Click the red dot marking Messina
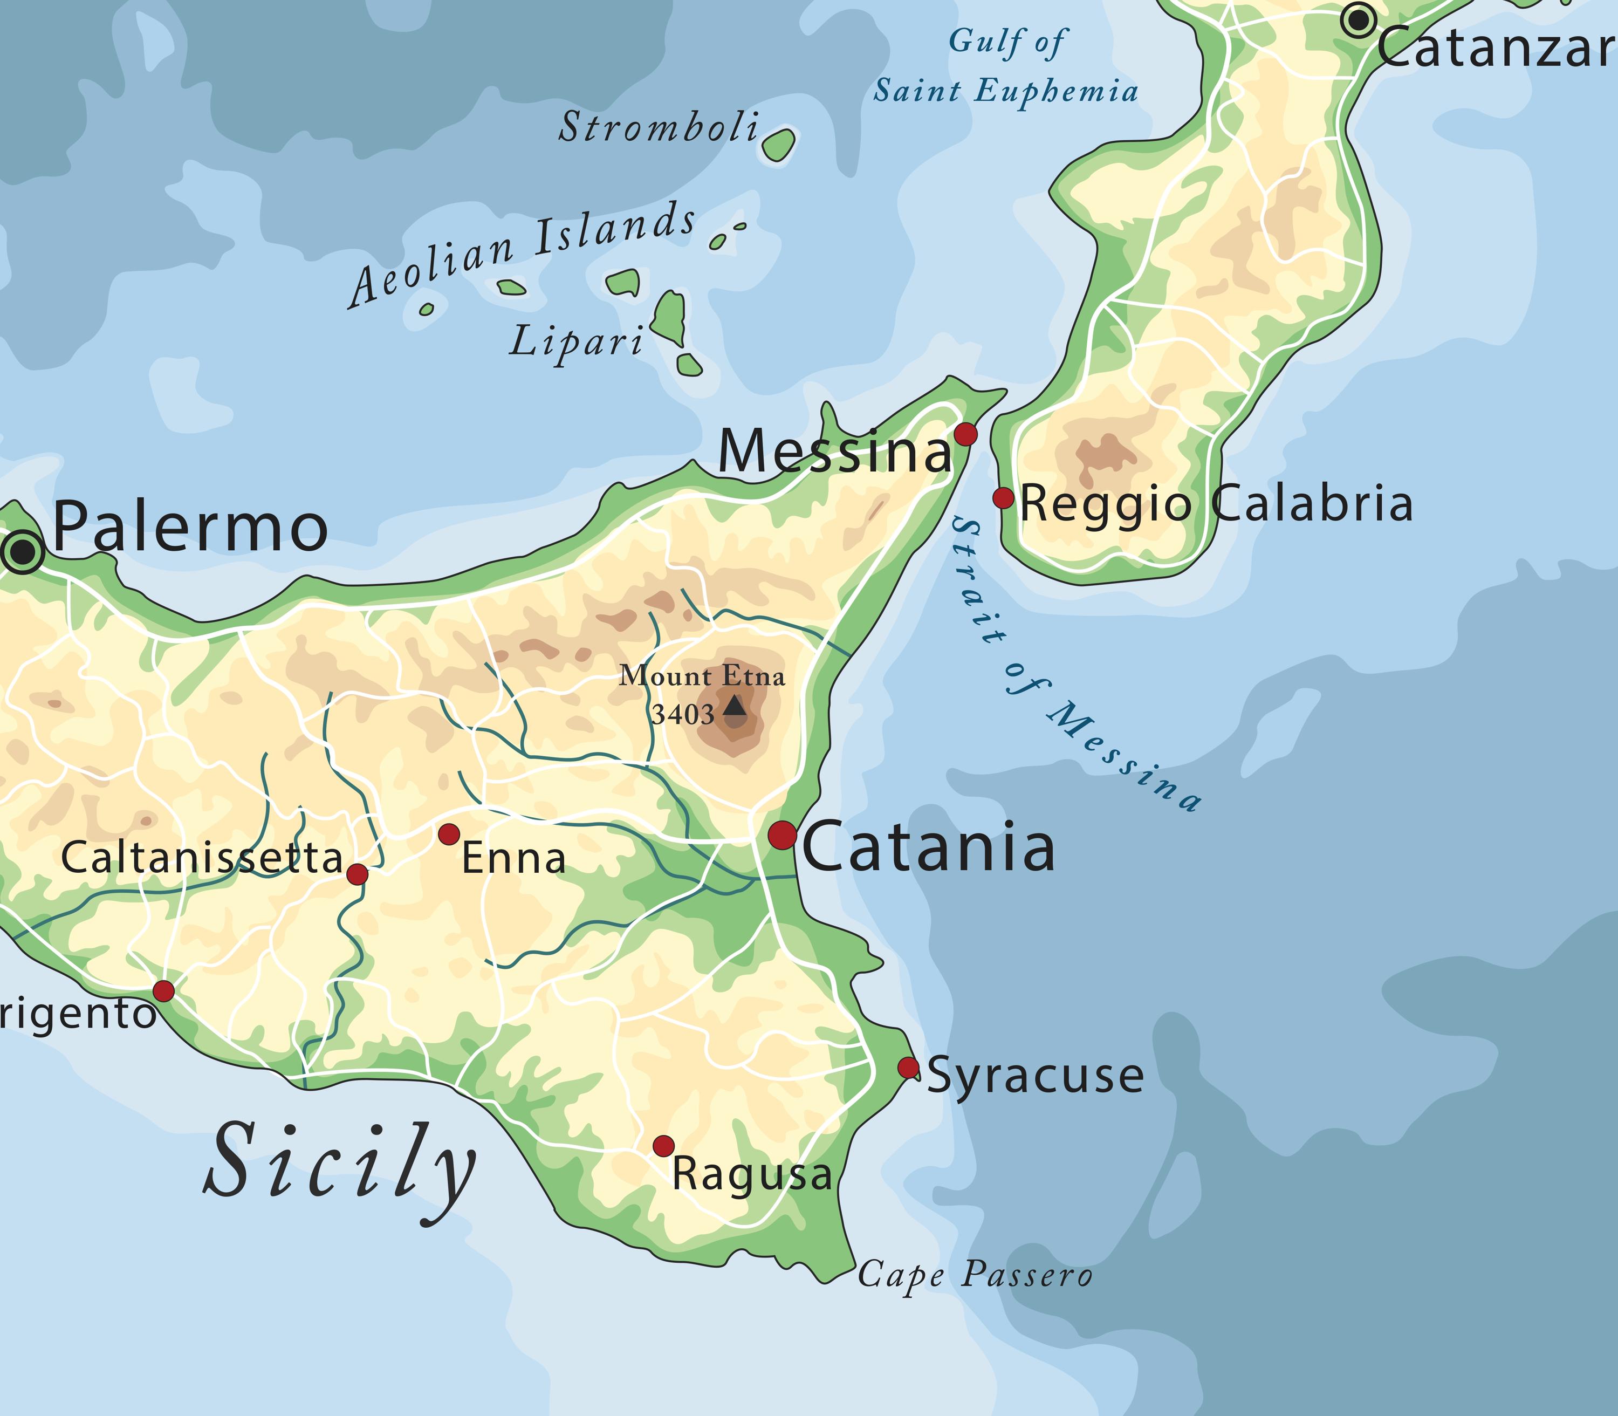point(965,434)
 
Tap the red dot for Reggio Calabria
point(1003,498)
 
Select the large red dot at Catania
point(782,834)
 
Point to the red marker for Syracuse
point(909,1068)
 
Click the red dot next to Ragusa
point(663,1146)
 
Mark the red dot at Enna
point(449,833)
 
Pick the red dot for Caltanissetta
point(357,874)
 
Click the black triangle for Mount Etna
point(735,705)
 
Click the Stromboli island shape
point(779,145)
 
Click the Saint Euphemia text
point(1005,91)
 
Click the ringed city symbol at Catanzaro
point(1358,20)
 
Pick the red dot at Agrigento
point(163,991)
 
